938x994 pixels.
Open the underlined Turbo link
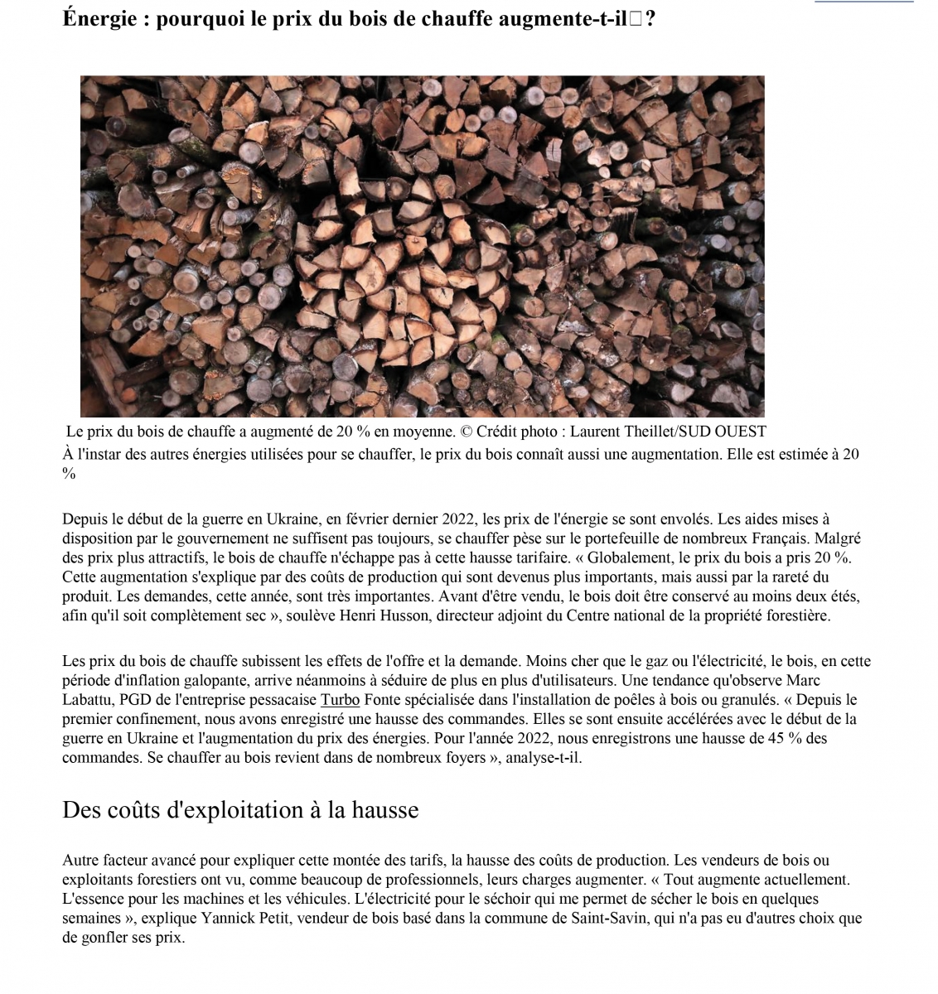pyautogui.click(x=340, y=700)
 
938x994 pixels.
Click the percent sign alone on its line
pyautogui.click(x=69, y=474)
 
